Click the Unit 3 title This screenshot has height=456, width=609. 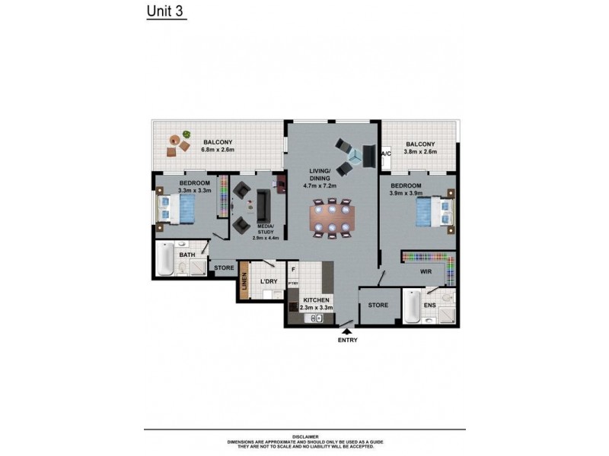pyautogui.click(x=165, y=12)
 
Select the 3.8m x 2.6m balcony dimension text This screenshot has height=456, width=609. pyautogui.click(x=420, y=152)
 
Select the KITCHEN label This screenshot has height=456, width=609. pyautogui.click(x=316, y=301)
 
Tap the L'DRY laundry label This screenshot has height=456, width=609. pyautogui.click(x=267, y=282)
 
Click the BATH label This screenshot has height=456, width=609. pyautogui.click(x=187, y=255)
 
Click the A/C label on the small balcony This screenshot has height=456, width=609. pyautogui.click(x=385, y=154)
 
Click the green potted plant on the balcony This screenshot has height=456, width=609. pyautogui.click(x=187, y=136)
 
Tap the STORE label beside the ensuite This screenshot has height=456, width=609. pyautogui.click(x=378, y=305)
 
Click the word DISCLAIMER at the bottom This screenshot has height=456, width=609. pyautogui.click(x=304, y=437)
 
